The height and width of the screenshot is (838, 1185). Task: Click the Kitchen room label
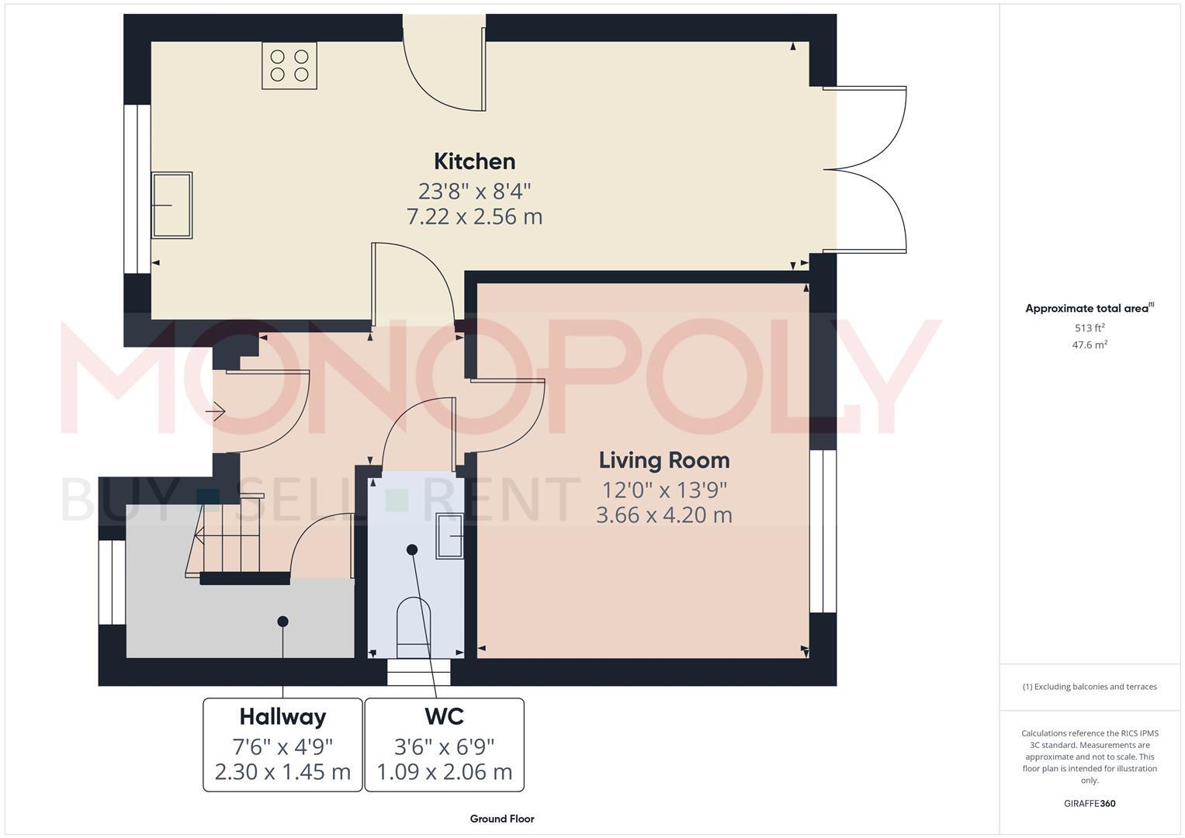tap(474, 161)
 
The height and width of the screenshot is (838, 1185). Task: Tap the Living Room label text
tap(664, 460)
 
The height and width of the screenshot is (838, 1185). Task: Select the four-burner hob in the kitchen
tap(289, 65)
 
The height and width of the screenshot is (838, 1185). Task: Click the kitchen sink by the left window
tap(172, 205)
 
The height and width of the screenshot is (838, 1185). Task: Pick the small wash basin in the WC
tap(449, 535)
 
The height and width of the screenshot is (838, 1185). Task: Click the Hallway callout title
tap(282, 716)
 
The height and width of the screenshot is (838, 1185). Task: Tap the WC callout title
tap(444, 716)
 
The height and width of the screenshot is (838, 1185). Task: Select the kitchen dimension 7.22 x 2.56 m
tap(474, 216)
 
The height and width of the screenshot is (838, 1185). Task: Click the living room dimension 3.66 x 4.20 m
tap(664, 515)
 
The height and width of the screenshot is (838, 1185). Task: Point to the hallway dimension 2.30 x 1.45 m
tap(282, 772)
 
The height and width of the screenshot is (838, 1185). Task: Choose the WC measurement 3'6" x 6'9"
tap(444, 746)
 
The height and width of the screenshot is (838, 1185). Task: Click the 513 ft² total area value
tap(1089, 327)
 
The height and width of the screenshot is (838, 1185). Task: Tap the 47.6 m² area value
tap(1089, 345)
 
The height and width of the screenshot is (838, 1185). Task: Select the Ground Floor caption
tap(501, 819)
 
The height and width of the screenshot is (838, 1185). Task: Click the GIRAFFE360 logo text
tap(1089, 804)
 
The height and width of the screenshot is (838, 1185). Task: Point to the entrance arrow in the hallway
tap(215, 411)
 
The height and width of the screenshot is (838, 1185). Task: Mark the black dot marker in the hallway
tap(282, 622)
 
